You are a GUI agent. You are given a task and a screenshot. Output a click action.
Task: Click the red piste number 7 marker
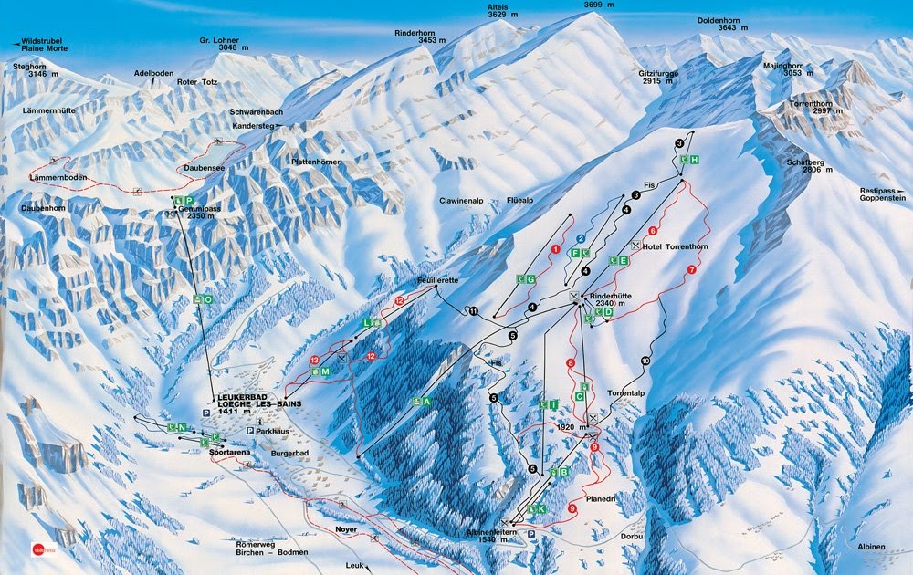[692, 270]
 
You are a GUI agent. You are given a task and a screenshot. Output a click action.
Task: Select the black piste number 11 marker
[472, 311]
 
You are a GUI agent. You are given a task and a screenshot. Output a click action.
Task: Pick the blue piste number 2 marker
[580, 239]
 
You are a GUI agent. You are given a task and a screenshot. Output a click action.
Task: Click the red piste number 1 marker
[555, 248]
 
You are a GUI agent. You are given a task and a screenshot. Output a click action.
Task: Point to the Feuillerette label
[437, 281]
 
